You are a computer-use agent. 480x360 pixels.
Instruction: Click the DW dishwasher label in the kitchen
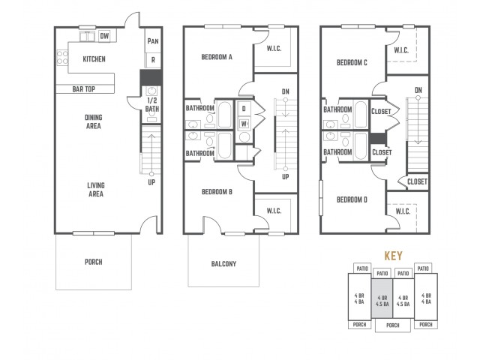(x=104, y=36)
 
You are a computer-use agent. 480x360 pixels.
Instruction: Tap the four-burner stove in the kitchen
(x=62, y=58)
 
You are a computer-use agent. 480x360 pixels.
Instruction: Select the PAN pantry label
(x=153, y=41)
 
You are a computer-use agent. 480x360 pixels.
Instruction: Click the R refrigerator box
(x=153, y=60)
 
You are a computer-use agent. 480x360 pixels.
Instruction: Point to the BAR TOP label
(x=83, y=89)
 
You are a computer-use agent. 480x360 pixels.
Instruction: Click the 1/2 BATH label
(x=152, y=105)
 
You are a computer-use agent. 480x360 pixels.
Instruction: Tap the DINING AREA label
(x=93, y=121)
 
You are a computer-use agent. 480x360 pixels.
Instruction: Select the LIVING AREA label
(x=96, y=190)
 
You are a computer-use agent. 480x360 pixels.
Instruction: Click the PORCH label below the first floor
(x=93, y=262)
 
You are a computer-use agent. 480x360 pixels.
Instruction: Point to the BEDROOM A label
(x=217, y=57)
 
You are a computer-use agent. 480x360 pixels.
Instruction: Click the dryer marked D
(x=244, y=109)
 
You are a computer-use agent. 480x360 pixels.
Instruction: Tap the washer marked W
(x=244, y=124)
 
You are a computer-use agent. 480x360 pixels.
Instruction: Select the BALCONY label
(x=223, y=264)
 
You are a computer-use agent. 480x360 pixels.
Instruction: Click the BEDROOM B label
(x=217, y=192)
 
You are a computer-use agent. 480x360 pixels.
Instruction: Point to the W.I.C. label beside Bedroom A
(x=274, y=48)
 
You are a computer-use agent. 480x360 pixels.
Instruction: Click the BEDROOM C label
(x=352, y=63)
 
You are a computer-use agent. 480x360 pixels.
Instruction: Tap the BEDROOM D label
(x=352, y=200)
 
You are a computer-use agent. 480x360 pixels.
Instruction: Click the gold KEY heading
(x=393, y=256)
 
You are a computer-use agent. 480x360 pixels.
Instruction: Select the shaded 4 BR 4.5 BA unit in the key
(x=382, y=298)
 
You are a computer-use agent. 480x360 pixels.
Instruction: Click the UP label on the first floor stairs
(x=151, y=182)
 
